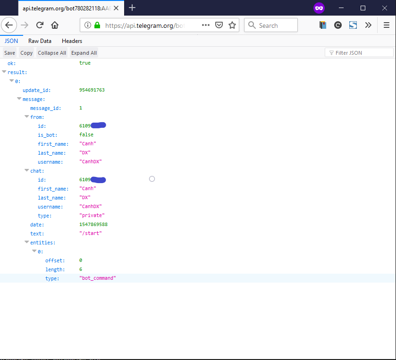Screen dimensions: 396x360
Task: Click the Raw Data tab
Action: pyautogui.click(x=40, y=41)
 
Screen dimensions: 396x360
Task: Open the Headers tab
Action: pyautogui.click(x=72, y=41)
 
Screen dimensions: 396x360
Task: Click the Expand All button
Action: pyautogui.click(x=84, y=53)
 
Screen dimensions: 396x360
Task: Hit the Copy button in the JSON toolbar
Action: pyautogui.click(x=26, y=53)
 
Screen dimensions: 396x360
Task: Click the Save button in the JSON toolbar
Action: pyautogui.click(x=9, y=53)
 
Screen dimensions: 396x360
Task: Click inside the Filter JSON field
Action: pyautogui.click(x=362, y=53)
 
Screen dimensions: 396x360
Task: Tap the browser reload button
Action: pyautogui.click(x=40, y=25)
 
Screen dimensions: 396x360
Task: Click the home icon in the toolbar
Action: pyautogui.click(x=55, y=25)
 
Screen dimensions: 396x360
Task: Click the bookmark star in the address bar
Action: pyautogui.click(x=232, y=25)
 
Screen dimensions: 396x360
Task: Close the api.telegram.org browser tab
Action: pyautogui.click(x=116, y=8)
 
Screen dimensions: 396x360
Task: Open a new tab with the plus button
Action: pyautogui.click(x=132, y=8)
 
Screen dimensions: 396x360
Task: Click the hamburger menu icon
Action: pyautogui.click(x=387, y=25)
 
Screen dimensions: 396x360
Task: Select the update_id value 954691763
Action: pyautogui.click(x=92, y=90)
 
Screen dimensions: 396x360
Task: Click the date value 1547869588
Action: pyautogui.click(x=93, y=225)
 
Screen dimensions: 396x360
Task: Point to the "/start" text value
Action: pyautogui.click(x=91, y=234)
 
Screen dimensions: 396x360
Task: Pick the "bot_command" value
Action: pyautogui.click(x=98, y=278)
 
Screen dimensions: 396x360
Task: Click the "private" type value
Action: pyautogui.click(x=92, y=216)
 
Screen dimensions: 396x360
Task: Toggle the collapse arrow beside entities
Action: pyautogui.click(x=27, y=243)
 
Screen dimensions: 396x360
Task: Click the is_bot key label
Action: pyautogui.click(x=48, y=135)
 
